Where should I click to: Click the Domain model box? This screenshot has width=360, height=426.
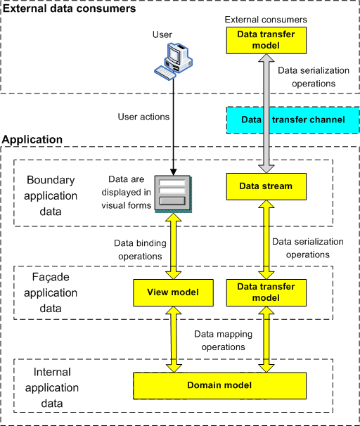(x=219, y=385)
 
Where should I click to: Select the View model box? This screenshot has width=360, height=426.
(x=173, y=292)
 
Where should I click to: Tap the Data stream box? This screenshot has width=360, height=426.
(x=266, y=186)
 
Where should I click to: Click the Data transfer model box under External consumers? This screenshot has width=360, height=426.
(x=266, y=40)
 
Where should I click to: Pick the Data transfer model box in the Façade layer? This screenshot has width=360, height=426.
(x=266, y=292)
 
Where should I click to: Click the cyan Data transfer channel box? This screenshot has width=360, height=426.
(x=293, y=120)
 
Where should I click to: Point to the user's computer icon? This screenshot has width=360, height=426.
(x=174, y=61)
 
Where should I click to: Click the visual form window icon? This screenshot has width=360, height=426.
(x=173, y=193)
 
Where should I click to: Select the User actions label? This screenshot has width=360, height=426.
(x=143, y=117)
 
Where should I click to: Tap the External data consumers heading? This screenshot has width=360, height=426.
(x=69, y=8)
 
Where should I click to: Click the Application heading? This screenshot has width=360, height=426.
(x=32, y=139)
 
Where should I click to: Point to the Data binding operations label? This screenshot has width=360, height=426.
(x=140, y=250)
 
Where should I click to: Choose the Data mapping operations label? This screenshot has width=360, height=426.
(x=223, y=340)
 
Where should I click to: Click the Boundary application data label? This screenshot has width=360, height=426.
(x=51, y=195)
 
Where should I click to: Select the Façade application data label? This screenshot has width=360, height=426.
(x=51, y=292)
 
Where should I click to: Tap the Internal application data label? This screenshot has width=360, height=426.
(x=52, y=388)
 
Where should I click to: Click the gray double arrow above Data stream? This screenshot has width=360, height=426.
(x=266, y=113)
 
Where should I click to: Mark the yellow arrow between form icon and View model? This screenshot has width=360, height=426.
(x=174, y=246)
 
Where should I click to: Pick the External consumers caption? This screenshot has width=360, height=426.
(x=266, y=20)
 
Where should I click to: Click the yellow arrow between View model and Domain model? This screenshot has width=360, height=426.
(x=174, y=340)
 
